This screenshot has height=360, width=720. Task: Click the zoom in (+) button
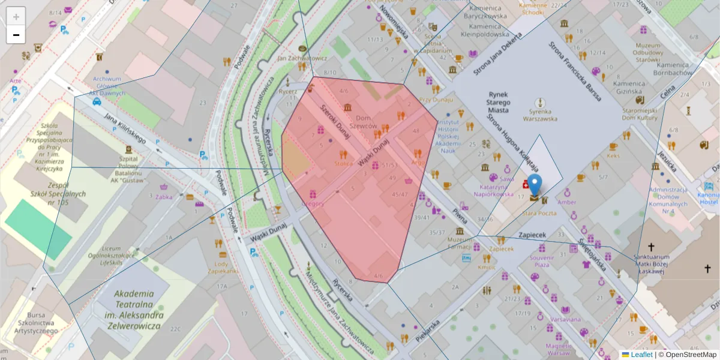pyautogui.click(x=16, y=17)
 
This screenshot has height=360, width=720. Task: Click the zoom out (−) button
pyautogui.click(x=16, y=35)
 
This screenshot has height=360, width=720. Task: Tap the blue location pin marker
pyautogui.click(x=534, y=185)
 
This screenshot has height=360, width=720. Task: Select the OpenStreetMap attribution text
pyautogui.click(x=687, y=355)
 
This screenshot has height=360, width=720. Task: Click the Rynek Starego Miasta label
pyautogui.click(x=499, y=102)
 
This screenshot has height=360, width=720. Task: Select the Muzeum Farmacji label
pyautogui.click(x=461, y=244)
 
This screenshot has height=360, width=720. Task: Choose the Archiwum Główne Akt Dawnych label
pyautogui.click(x=107, y=85)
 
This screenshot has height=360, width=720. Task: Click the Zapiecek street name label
pyautogui.click(x=533, y=235)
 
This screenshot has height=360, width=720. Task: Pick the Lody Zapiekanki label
pyautogui.click(x=222, y=267)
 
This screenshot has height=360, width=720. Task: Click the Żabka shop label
pyautogui.click(x=164, y=196)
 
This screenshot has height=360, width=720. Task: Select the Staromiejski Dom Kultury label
pyautogui.click(x=641, y=115)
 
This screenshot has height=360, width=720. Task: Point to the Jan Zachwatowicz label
pyautogui.click(x=302, y=58)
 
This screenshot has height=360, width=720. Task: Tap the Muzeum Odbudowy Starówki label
pyautogui.click(x=647, y=52)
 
